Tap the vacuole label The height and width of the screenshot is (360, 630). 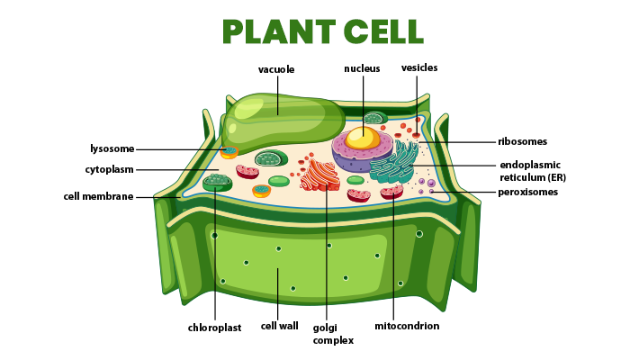tap(276, 69)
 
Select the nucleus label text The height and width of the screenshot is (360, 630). tap(362, 68)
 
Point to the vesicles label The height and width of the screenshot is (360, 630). tap(419, 67)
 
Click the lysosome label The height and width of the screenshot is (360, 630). tap(112, 148)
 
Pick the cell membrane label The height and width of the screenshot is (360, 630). tap(98, 196)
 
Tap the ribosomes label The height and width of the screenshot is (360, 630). tap(522, 141)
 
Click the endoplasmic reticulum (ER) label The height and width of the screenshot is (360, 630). tap(530, 171)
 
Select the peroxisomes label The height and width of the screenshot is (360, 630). tap(527, 192)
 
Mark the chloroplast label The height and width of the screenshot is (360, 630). tap(214, 328)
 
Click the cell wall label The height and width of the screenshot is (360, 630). tap(279, 326)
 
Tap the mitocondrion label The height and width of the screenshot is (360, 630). tap(407, 326)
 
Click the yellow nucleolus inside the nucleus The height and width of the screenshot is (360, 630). tap(363, 138)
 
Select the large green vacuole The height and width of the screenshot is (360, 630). tap(279, 121)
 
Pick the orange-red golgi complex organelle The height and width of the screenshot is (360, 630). tap(320, 175)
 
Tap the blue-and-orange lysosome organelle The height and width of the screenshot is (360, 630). tap(229, 152)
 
